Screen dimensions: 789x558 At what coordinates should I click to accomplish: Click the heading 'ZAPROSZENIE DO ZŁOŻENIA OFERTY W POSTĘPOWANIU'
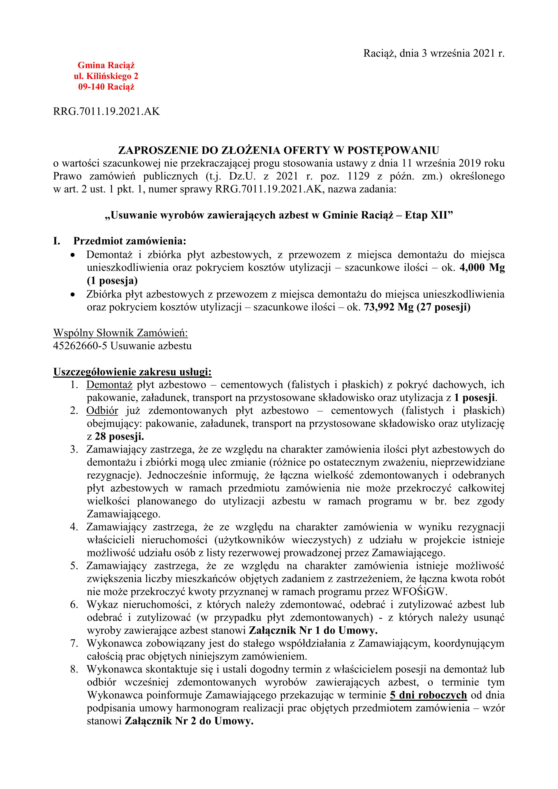click(x=279, y=150)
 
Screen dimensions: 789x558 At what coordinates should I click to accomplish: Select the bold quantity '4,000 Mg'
click(x=482, y=268)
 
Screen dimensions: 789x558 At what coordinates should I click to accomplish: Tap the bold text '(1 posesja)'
click(x=112, y=281)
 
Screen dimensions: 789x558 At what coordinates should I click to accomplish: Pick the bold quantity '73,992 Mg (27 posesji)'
click(x=417, y=307)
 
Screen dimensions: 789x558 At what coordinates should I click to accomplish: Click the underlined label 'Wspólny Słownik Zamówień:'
click(x=120, y=333)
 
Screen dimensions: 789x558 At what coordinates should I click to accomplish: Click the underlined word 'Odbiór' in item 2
click(x=102, y=411)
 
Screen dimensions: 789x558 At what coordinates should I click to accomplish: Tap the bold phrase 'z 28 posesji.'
click(x=115, y=437)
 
